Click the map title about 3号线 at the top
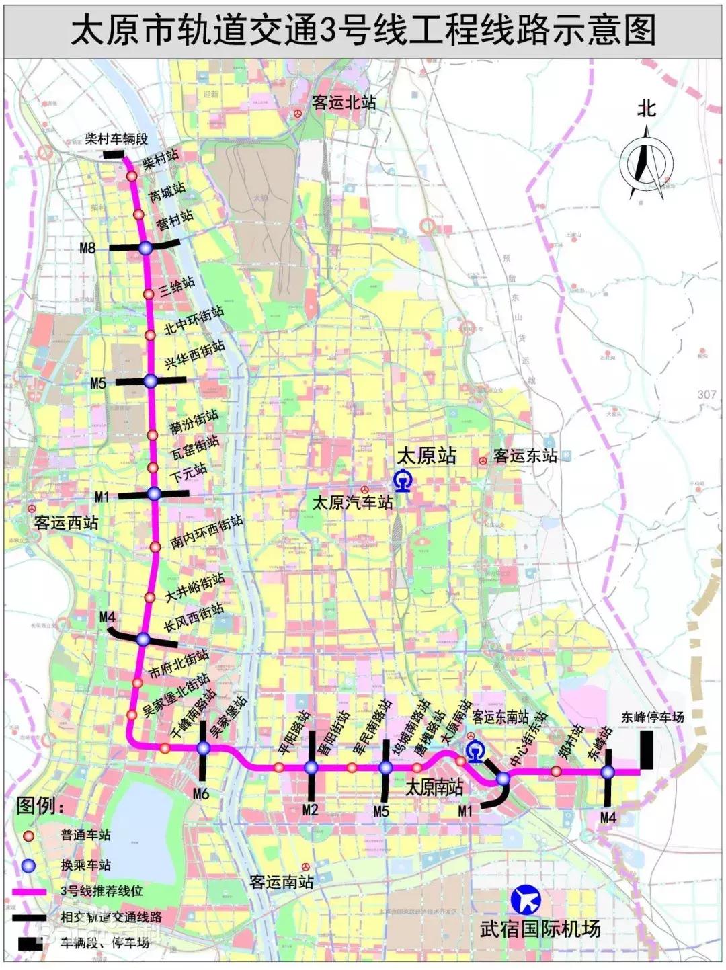click(363, 30)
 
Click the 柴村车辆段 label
click(116, 139)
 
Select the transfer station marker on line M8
click(146, 248)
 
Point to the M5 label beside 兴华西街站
click(98, 383)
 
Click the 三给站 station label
click(177, 287)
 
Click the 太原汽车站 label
click(352, 501)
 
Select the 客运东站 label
click(525, 456)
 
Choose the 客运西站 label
click(66, 522)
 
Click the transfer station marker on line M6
click(204, 748)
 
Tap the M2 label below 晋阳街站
click(310, 809)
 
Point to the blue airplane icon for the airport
click(526, 900)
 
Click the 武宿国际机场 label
click(540, 929)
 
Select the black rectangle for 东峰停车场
click(647, 750)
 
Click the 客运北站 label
click(344, 102)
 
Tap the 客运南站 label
click(281, 881)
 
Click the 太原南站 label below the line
click(434, 786)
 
